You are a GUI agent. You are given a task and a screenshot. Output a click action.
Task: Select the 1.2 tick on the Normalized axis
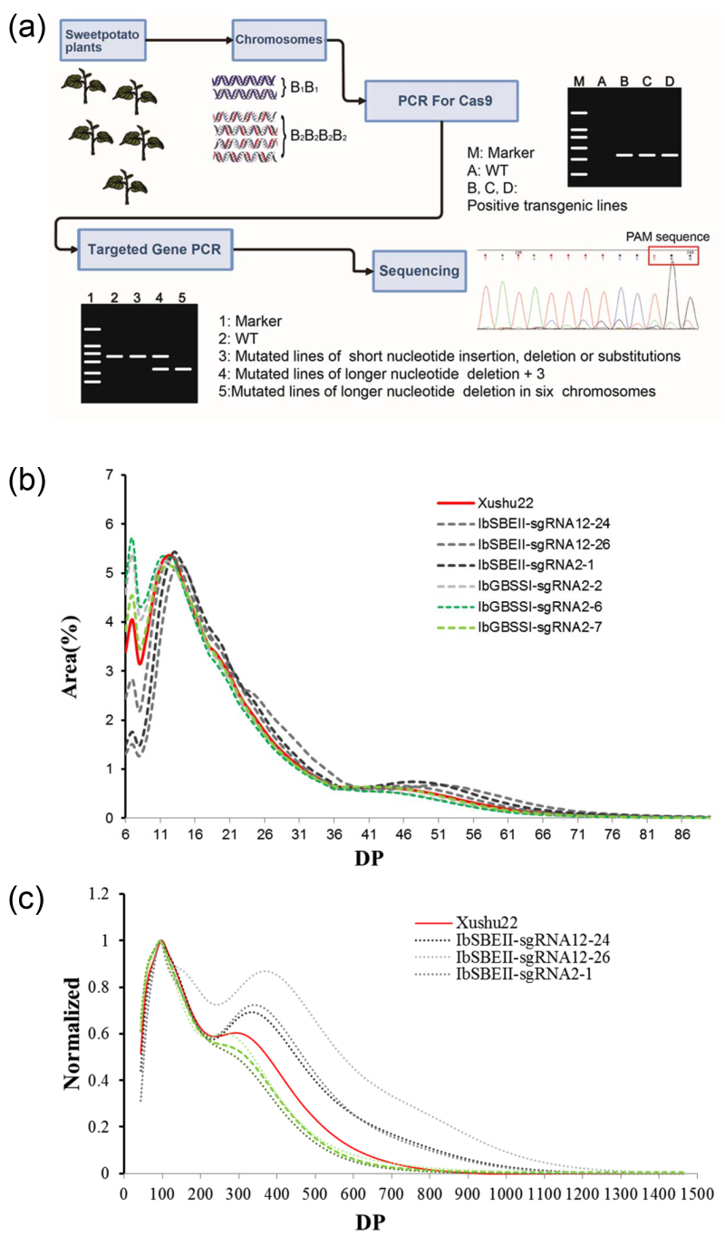point(98,893)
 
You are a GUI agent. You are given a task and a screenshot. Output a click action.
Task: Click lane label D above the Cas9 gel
point(670,83)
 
